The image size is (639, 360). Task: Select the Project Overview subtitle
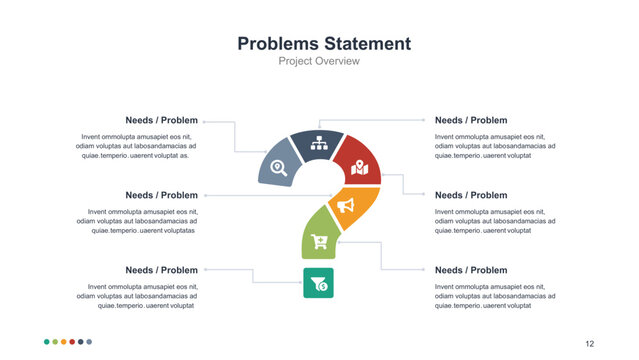319,62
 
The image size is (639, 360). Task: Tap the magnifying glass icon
280,168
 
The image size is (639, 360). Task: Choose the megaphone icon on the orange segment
346,205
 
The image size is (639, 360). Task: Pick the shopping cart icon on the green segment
319,240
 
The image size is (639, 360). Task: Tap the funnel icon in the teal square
318,282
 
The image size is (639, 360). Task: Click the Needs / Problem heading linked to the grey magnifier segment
161,120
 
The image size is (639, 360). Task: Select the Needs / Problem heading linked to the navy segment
471,120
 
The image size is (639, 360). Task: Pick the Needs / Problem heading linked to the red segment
471,195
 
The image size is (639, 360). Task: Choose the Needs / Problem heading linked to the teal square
161,270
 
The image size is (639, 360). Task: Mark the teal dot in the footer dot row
47,342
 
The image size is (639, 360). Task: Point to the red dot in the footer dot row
72,342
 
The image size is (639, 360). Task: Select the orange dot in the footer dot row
64,342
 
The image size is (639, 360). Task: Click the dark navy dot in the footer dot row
81,342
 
